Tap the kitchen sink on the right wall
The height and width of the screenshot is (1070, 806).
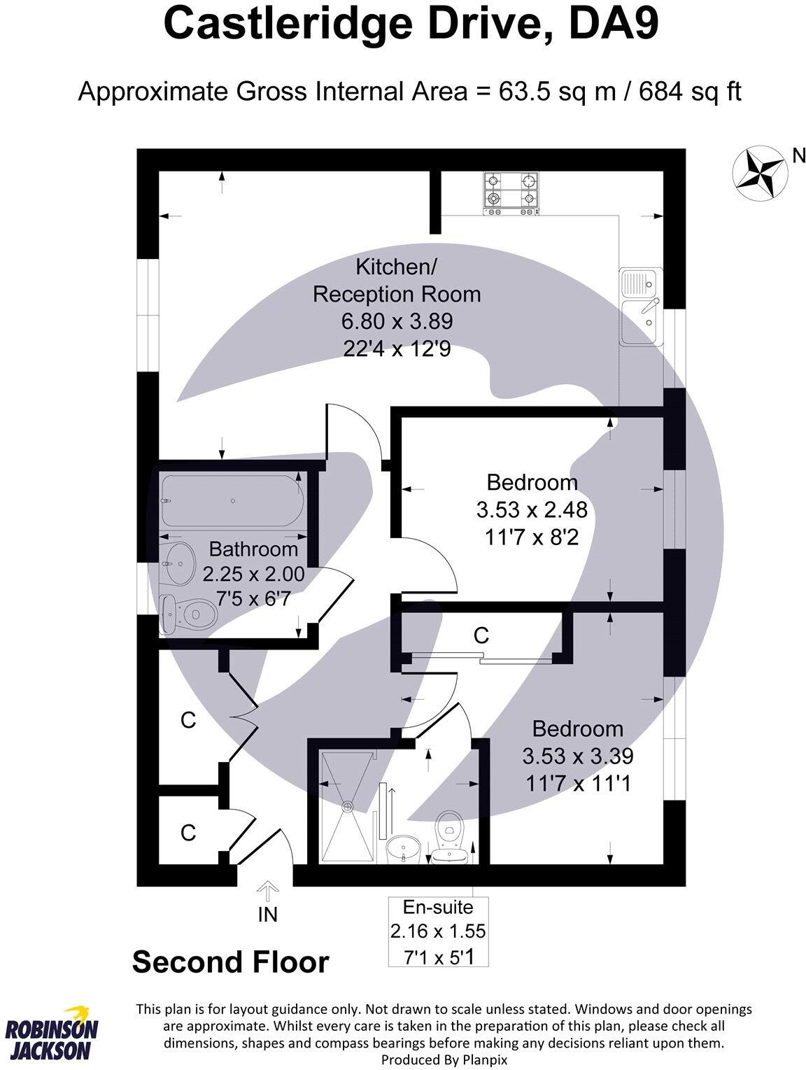[x=639, y=307]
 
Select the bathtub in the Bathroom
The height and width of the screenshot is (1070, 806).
[x=232, y=501]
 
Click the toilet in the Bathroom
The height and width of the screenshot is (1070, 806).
[x=188, y=614]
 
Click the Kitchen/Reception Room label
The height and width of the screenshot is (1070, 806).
[x=397, y=281]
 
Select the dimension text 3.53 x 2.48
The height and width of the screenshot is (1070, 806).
[x=532, y=510]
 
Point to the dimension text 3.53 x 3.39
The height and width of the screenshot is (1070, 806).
[x=577, y=756]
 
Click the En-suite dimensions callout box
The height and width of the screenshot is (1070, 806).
[x=438, y=931]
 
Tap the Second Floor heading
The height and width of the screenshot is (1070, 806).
[x=230, y=962]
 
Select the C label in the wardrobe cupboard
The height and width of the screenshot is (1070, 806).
[x=481, y=635]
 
